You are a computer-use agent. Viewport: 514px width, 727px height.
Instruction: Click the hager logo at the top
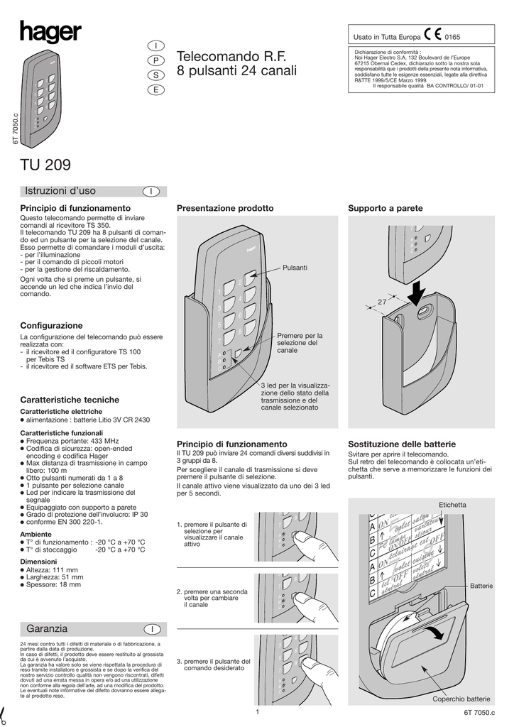pos(50,33)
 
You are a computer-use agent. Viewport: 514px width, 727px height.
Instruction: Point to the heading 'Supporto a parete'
pos(385,208)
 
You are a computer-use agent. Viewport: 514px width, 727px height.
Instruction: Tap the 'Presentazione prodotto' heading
pos(224,208)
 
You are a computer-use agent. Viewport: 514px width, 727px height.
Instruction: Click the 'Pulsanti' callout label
pos(295,267)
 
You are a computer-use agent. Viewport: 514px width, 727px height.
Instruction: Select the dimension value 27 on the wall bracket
pos(381,302)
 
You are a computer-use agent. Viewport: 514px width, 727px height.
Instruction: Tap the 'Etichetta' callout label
pos(452,505)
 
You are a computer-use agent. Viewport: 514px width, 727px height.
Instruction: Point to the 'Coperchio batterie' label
pos(461,699)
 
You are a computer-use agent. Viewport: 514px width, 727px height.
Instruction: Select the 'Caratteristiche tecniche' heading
pos(70,400)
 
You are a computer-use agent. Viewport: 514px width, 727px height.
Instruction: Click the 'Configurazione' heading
pos(51,325)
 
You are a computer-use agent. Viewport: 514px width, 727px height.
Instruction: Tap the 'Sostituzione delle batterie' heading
pos(401,443)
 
